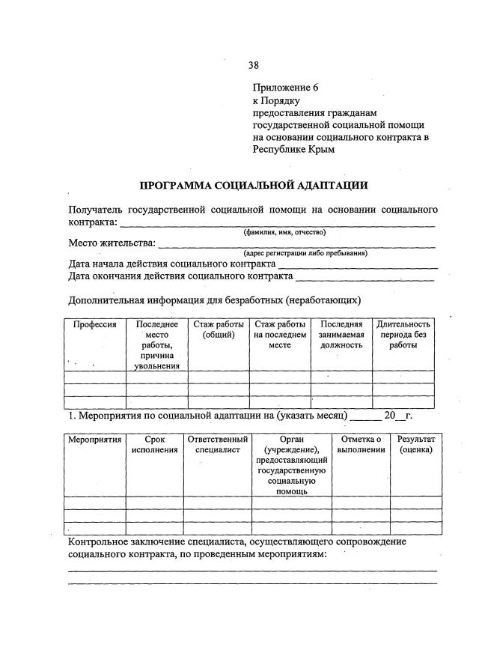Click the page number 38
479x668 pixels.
coord(253,65)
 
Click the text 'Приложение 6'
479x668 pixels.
coord(285,88)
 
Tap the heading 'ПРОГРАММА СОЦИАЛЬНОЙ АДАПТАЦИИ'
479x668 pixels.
coord(254,184)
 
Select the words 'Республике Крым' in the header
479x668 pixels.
coord(293,149)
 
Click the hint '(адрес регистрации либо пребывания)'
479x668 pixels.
coord(305,253)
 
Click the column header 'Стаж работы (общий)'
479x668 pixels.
coord(219,330)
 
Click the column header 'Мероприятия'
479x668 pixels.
coord(95,439)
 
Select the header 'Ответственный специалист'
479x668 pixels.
coord(219,444)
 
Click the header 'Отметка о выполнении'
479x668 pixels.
coord(361,444)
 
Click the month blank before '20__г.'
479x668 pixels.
coord(364,415)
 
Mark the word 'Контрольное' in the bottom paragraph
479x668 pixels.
coord(100,541)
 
